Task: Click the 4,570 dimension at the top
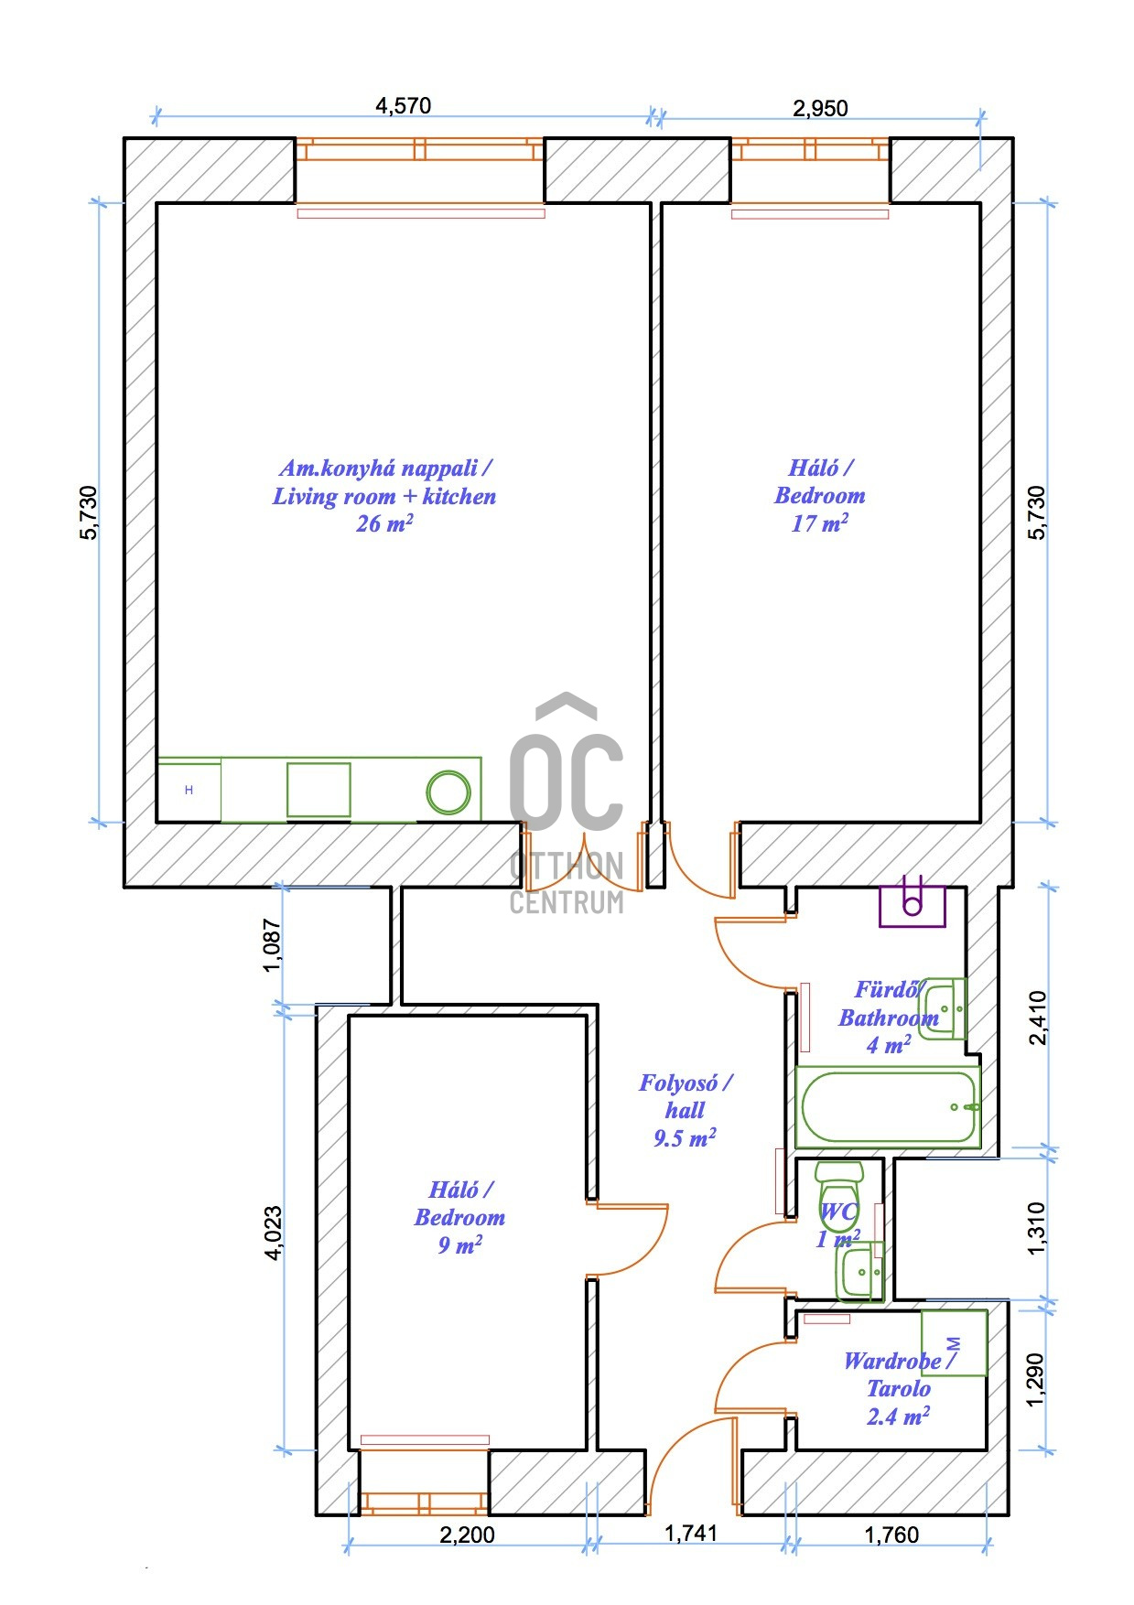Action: pos(403,105)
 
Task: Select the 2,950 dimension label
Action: pos(820,108)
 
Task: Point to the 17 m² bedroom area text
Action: pos(819,523)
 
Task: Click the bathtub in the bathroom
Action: pos(888,1106)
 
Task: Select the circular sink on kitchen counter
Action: pos(448,792)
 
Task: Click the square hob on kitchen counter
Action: pos(319,790)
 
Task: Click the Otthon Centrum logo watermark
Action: pos(567,804)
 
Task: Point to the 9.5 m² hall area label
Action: pos(685,1138)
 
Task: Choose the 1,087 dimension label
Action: pos(273,945)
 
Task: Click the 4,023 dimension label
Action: pos(273,1233)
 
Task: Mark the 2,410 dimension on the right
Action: pos(1037,1017)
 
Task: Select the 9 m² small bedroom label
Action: pos(459,1245)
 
